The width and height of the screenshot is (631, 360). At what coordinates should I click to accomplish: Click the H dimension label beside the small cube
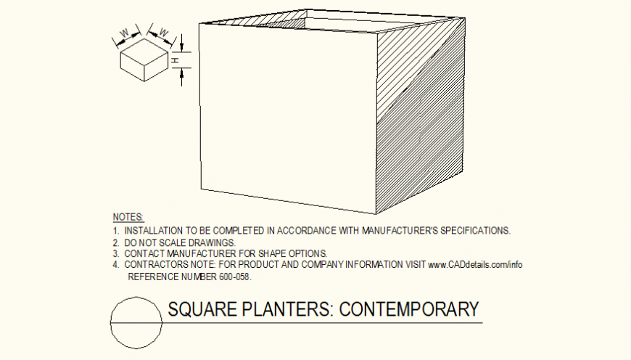click(175, 60)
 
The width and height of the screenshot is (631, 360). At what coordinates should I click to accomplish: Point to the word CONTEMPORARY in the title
click(410, 310)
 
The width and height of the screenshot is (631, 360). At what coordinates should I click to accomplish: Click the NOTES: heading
click(128, 218)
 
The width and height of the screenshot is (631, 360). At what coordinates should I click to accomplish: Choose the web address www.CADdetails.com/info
click(475, 264)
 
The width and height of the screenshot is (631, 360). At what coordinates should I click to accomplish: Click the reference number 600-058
click(234, 277)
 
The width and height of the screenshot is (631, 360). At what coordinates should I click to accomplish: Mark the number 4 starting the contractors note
click(115, 264)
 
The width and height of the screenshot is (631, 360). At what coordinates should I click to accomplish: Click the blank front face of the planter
click(286, 116)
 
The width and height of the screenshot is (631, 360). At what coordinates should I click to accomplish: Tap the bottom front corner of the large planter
click(376, 213)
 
